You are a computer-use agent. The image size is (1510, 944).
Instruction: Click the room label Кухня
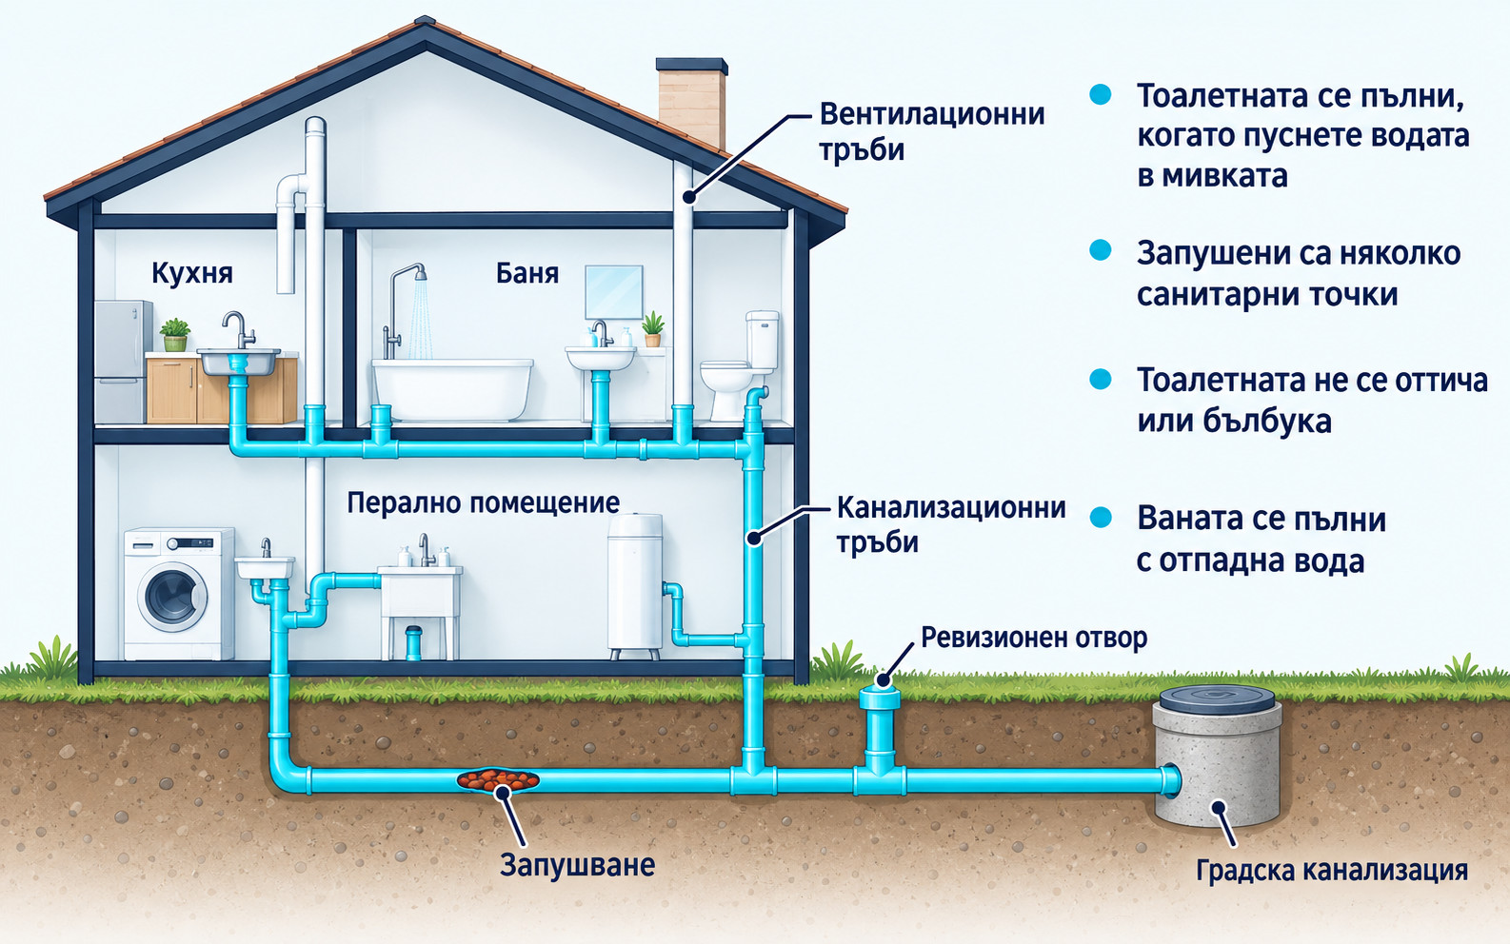(192, 273)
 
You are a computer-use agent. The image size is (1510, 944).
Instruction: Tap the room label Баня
(527, 273)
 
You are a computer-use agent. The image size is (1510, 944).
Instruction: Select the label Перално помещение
(484, 502)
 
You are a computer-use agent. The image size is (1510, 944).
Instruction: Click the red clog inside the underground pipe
(498, 780)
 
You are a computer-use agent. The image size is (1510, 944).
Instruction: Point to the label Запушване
(577, 865)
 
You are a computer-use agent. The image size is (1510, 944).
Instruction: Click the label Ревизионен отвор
(1034, 638)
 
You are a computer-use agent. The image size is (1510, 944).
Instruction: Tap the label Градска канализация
(1332, 870)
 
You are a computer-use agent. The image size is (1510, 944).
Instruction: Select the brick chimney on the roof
(692, 101)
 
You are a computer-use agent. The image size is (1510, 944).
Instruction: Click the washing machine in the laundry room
(179, 594)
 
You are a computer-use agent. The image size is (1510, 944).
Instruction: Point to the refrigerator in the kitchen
(123, 362)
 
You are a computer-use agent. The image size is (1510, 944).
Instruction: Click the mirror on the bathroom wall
(613, 292)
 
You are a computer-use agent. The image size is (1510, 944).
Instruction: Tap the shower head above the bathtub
(419, 273)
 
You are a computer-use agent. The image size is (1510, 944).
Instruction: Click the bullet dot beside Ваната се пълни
(1101, 518)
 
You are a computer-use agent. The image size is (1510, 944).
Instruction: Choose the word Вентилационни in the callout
(932, 114)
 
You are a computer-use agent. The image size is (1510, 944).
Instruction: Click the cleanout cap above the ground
(881, 680)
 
